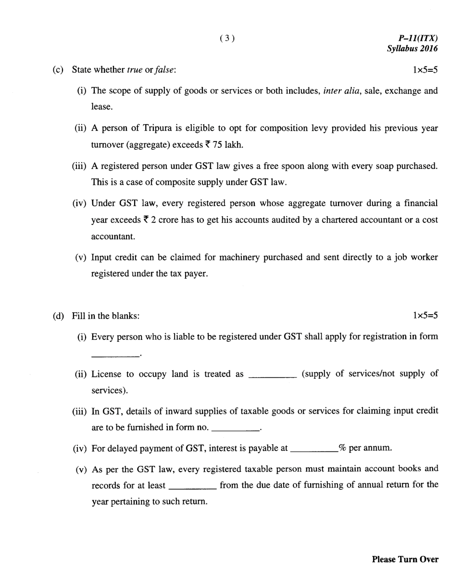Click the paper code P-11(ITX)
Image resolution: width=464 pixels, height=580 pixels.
[418, 39]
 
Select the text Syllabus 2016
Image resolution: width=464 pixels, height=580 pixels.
[413, 49]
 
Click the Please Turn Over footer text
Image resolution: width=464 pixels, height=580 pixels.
[405, 559]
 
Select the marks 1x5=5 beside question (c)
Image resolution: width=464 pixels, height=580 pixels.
[425, 70]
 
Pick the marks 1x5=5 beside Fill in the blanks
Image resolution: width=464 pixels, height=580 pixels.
[425, 316]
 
